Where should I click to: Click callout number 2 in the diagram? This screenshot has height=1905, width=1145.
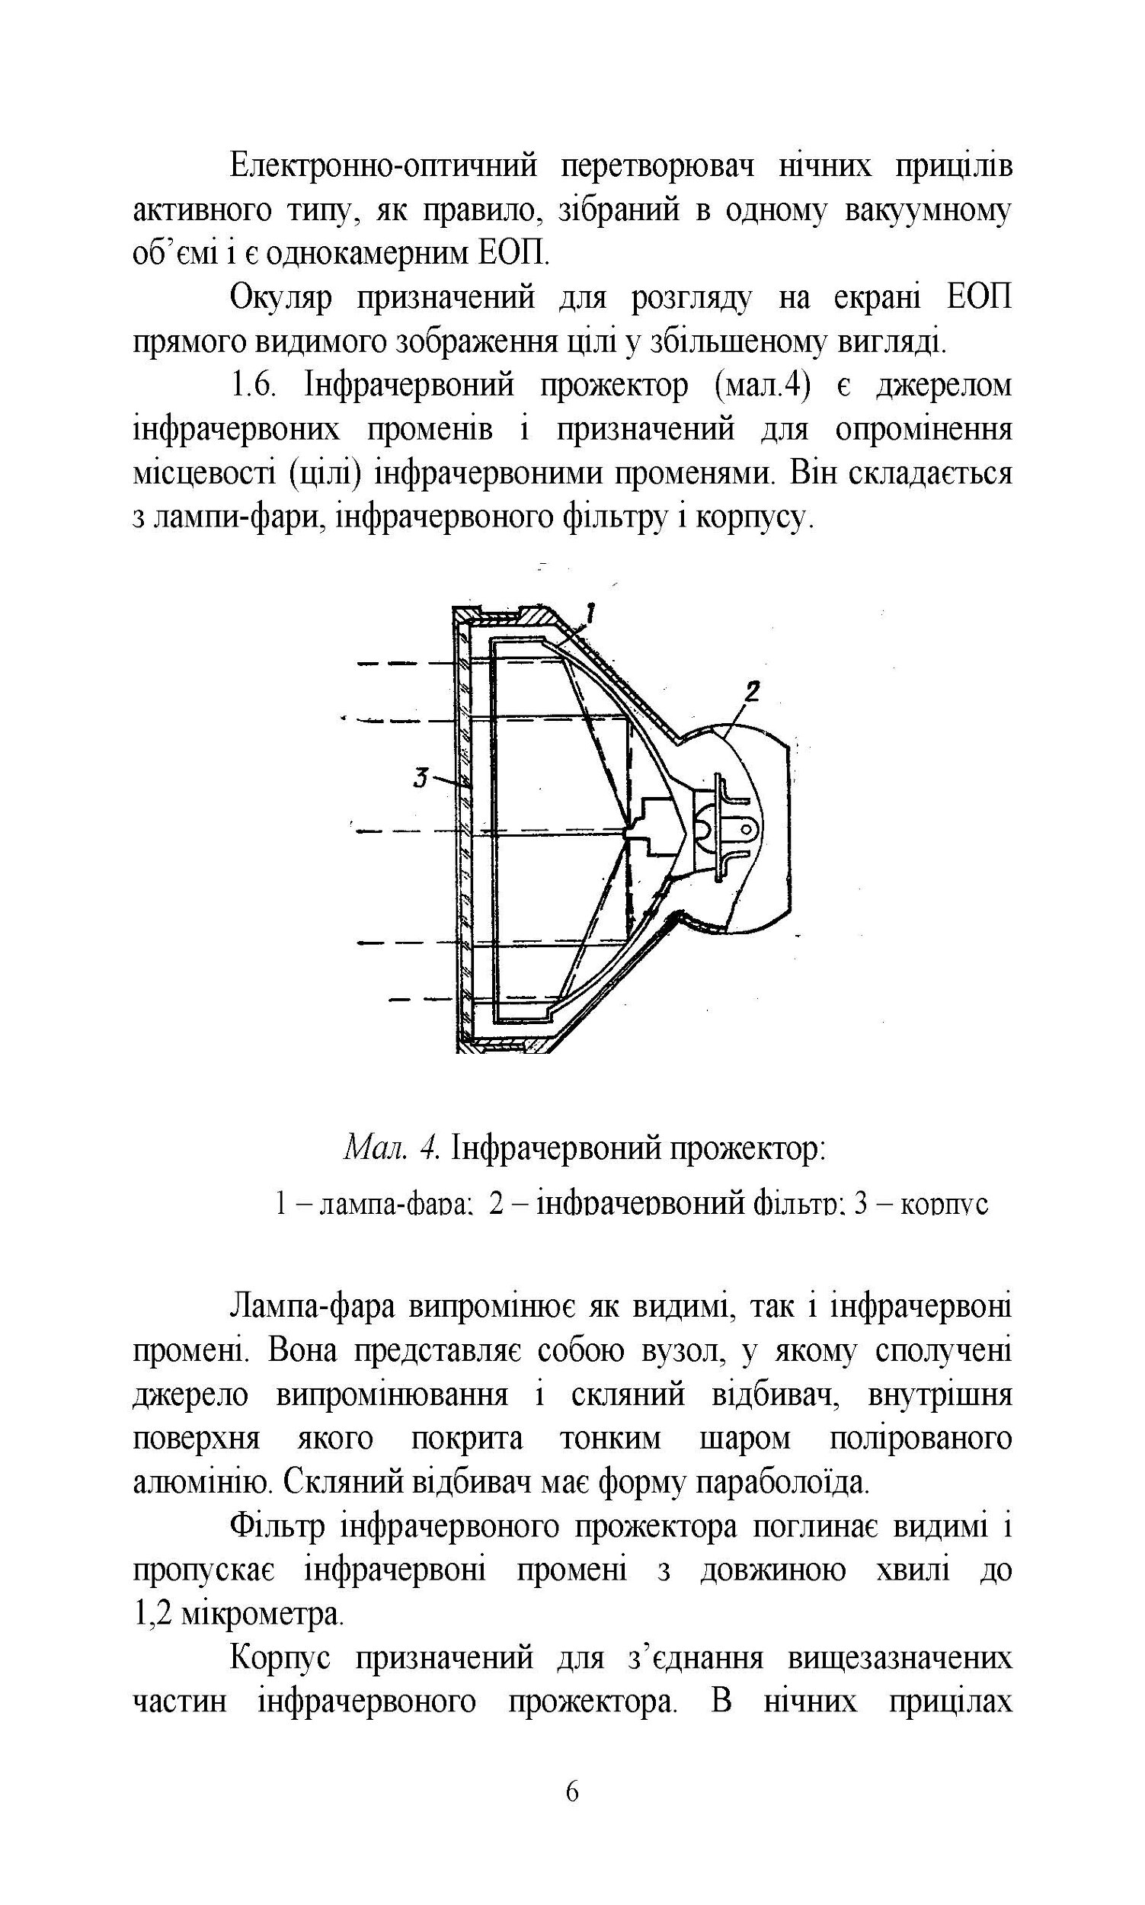[x=752, y=690]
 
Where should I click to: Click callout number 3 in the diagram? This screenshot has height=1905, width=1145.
[x=421, y=779]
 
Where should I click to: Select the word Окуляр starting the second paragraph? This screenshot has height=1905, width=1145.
[x=281, y=299]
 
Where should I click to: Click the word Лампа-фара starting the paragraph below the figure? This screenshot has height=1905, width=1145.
[x=312, y=1308]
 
